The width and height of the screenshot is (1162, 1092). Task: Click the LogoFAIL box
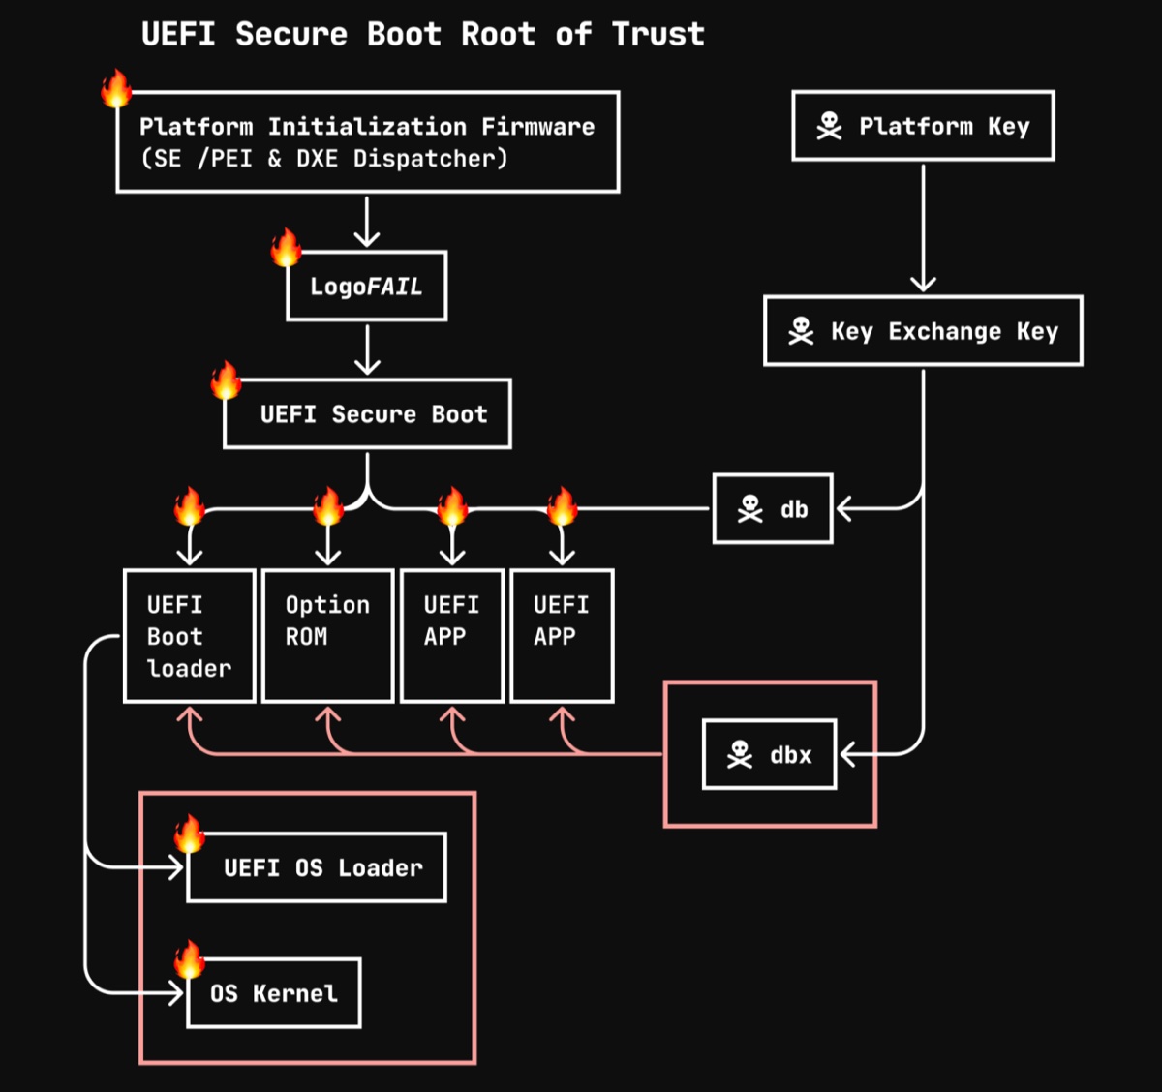[366, 286]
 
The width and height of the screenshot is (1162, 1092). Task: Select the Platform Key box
[923, 126]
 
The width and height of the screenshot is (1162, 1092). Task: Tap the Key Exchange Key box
[923, 331]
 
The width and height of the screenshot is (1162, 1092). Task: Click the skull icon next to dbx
[740, 754]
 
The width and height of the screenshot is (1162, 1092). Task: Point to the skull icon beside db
[750, 508]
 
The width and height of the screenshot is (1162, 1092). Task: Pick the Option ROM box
[327, 635]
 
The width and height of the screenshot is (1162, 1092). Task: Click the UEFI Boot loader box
[190, 635]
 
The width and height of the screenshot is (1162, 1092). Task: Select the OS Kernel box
[274, 993]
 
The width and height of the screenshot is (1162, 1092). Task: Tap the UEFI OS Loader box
[317, 867]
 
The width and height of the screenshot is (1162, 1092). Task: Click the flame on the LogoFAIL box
[287, 248]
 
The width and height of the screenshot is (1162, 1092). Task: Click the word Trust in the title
[658, 35]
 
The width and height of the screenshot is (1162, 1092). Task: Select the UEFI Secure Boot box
[367, 413]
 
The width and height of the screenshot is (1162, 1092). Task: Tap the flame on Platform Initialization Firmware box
[117, 88]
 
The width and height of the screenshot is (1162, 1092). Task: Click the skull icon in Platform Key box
[829, 126]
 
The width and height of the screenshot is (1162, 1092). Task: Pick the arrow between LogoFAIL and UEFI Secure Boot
[367, 349]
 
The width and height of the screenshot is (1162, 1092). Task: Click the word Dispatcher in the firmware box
[429, 159]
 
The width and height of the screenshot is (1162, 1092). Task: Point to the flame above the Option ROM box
[328, 505]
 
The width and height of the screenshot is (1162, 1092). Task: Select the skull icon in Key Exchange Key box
[801, 331]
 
